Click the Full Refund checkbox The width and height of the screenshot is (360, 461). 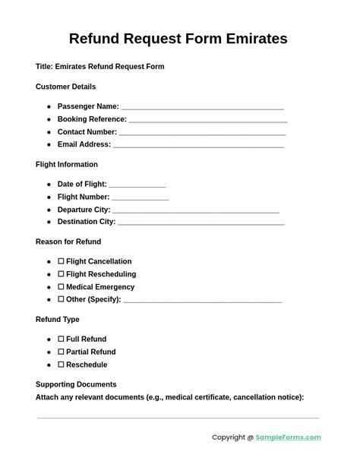pyautogui.click(x=61, y=339)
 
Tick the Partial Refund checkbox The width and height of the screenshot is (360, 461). pyautogui.click(x=61, y=352)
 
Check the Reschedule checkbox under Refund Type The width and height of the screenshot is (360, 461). pyautogui.click(x=61, y=365)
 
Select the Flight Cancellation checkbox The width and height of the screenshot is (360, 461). pyautogui.click(x=61, y=261)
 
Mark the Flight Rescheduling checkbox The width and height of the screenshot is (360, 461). pyautogui.click(x=61, y=274)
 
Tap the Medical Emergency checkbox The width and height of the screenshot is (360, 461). pyautogui.click(x=61, y=287)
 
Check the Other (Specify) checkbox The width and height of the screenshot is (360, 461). pyautogui.click(x=61, y=300)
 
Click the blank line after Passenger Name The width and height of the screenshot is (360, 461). pyautogui.click(x=202, y=108)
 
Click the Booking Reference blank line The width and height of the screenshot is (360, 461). pyautogui.click(x=208, y=121)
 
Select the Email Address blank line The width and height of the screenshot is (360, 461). pyautogui.click(x=198, y=146)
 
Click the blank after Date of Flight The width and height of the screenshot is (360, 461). pyautogui.click(x=137, y=185)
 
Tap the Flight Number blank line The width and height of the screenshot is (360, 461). pyautogui.click(x=141, y=198)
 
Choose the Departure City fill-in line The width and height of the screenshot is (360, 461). pyautogui.click(x=196, y=211)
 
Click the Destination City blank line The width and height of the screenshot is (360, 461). pyautogui.click(x=201, y=223)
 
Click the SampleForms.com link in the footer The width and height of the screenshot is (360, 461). pyautogui.click(x=288, y=437)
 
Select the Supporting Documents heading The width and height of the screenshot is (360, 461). pyautogui.click(x=76, y=384)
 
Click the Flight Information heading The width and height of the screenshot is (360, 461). pyautogui.click(x=67, y=164)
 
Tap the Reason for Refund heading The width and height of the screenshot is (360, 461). pyautogui.click(x=68, y=242)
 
